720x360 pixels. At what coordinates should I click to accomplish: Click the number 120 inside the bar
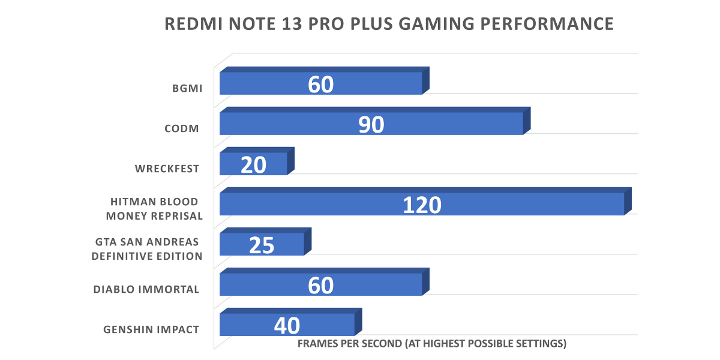(x=422, y=205)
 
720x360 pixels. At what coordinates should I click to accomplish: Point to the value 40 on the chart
(x=287, y=326)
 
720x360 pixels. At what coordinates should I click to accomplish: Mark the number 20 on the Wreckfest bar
(x=253, y=164)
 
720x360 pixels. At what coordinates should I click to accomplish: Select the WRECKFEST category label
(x=167, y=169)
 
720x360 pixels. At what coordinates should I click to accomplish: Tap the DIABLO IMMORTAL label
(x=146, y=289)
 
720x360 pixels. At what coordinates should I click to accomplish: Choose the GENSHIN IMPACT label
(x=151, y=329)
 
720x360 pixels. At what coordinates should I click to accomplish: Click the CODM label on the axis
(x=181, y=128)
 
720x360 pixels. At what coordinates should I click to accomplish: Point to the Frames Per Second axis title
(x=432, y=344)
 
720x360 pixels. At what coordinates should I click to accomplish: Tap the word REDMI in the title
(x=191, y=24)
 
